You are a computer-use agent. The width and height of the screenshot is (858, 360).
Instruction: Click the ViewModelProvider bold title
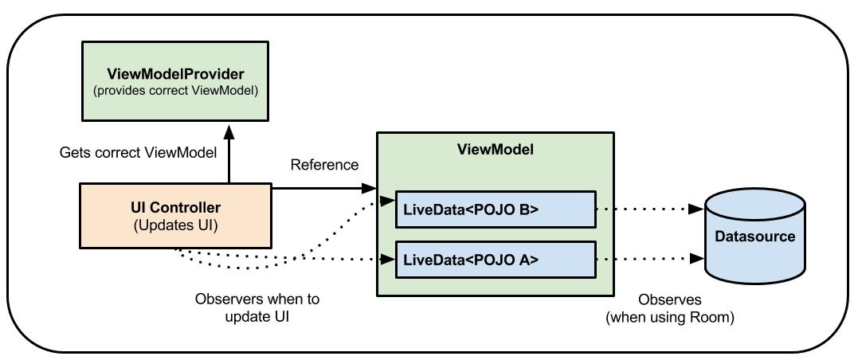(x=175, y=75)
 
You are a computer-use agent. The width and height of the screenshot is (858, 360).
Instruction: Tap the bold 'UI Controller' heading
(x=175, y=208)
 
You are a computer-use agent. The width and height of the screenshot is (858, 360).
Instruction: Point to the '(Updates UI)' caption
(x=175, y=225)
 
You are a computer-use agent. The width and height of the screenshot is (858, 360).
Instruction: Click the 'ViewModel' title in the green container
(x=495, y=149)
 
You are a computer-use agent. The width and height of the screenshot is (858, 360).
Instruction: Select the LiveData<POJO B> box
(x=496, y=210)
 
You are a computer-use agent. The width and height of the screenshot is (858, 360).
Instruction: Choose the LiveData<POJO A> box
(x=496, y=260)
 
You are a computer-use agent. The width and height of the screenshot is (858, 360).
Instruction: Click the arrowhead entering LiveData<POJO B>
(x=387, y=202)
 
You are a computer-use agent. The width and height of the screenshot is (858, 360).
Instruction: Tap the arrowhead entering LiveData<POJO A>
(x=387, y=259)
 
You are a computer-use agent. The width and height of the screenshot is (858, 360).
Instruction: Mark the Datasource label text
(x=754, y=237)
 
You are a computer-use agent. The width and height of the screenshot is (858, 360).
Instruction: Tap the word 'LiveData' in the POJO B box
(x=431, y=210)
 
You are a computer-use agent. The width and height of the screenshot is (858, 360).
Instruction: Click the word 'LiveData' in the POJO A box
(x=431, y=260)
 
